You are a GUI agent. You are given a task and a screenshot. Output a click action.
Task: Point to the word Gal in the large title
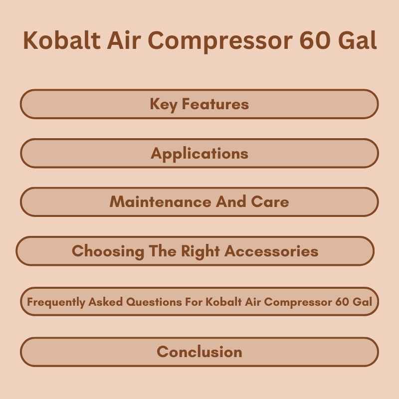[x=357, y=41]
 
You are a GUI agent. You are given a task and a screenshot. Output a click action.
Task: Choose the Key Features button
[x=199, y=104]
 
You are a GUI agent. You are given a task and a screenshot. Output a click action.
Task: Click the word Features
[x=215, y=104]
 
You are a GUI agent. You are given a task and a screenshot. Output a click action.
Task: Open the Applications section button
[x=199, y=153]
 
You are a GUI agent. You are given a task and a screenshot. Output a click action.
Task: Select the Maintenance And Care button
[x=199, y=202]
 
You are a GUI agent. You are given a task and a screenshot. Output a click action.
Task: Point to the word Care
[x=271, y=202]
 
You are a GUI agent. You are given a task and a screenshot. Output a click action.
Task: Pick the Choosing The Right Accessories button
[x=195, y=251]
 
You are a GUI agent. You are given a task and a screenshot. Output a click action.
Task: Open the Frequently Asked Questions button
[x=199, y=302]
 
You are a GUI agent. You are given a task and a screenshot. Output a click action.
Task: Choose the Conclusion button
[x=199, y=352]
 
